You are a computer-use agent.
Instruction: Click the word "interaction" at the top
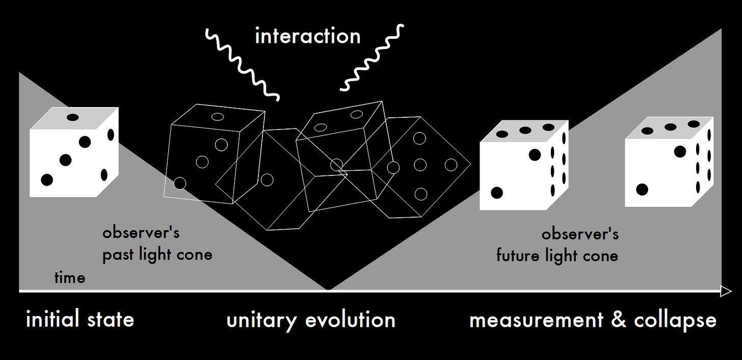pyautogui.click(x=308, y=36)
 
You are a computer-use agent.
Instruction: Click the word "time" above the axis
pyautogui.click(x=69, y=277)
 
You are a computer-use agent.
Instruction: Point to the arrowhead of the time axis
pyautogui.click(x=726, y=291)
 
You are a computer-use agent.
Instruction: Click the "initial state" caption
pyautogui.click(x=80, y=319)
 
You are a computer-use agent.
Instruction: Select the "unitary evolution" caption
pyautogui.click(x=311, y=320)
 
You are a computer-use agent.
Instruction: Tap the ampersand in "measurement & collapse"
pyautogui.click(x=619, y=320)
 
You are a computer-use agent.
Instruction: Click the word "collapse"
pyautogui.click(x=675, y=320)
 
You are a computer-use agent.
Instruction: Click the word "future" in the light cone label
pyautogui.click(x=518, y=255)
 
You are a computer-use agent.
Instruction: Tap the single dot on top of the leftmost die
pyautogui.click(x=72, y=117)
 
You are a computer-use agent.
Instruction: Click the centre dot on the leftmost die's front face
pyautogui.click(x=65, y=161)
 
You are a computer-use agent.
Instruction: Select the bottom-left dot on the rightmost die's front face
pyautogui.click(x=642, y=190)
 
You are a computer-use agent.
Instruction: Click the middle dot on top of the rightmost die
pyautogui.click(x=671, y=127)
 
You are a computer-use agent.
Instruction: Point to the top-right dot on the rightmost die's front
pyautogui.click(x=680, y=152)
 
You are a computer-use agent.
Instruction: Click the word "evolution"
pyautogui.click(x=351, y=320)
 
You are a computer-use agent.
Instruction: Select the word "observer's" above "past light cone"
pyautogui.click(x=141, y=233)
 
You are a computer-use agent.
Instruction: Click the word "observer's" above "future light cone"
pyautogui.click(x=580, y=234)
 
